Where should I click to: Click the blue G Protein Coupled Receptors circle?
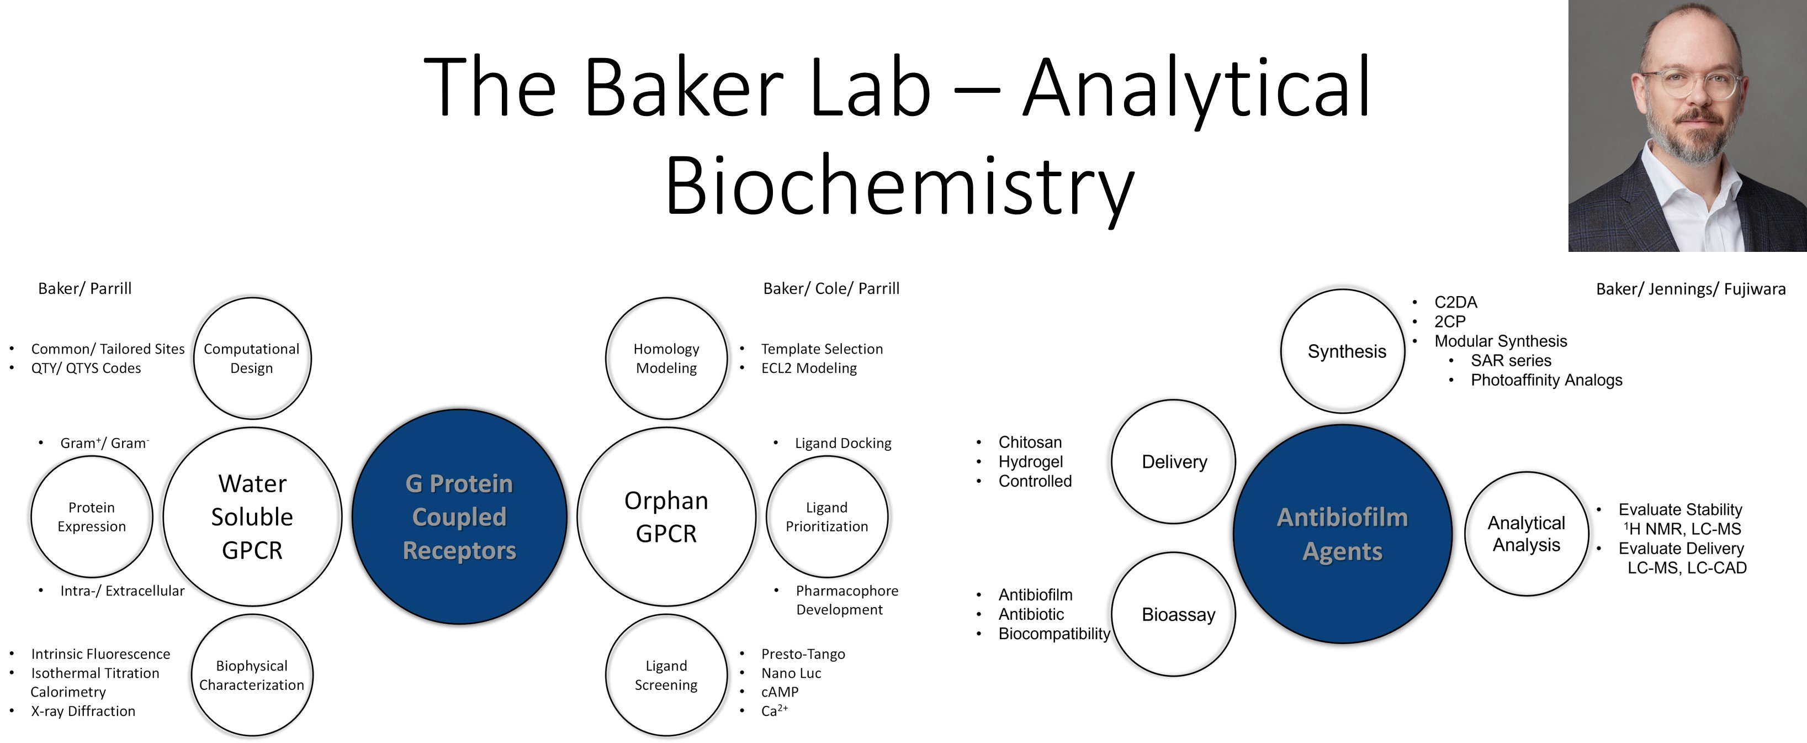coord(459,517)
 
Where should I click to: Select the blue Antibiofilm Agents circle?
coord(1342,533)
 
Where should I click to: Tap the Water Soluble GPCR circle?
coord(252,517)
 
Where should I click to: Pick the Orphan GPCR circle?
coord(666,517)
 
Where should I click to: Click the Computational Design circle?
coord(252,358)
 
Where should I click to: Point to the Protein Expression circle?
coord(92,517)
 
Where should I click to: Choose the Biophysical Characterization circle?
coord(252,675)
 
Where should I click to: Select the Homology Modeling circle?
coord(666,358)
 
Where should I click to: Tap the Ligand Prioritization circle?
coord(826,517)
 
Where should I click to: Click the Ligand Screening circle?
coord(666,675)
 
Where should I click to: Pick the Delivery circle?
coord(1174,462)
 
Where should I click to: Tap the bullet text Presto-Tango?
coord(803,654)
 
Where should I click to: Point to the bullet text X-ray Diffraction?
coord(83,711)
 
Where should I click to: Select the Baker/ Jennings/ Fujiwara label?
coord(1691,289)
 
